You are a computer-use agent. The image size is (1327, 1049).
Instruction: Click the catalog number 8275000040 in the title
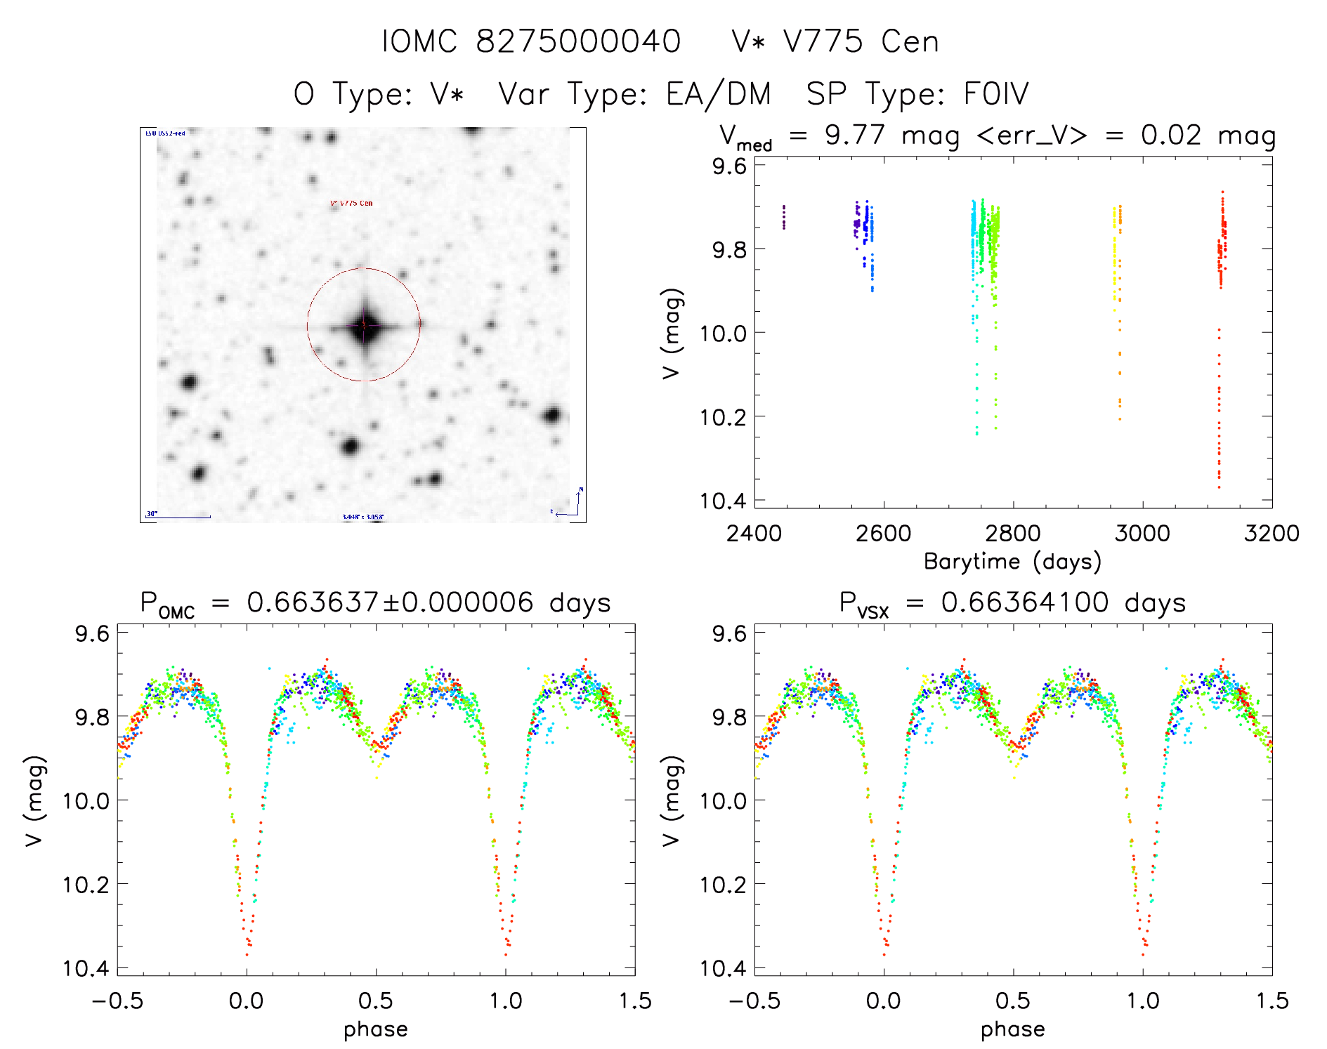point(578,41)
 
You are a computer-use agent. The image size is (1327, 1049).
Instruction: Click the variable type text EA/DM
point(718,94)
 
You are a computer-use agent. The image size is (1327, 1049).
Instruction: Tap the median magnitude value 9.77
point(854,135)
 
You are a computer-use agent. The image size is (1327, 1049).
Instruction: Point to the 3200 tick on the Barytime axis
point(1272,533)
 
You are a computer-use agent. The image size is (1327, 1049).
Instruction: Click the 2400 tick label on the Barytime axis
point(754,533)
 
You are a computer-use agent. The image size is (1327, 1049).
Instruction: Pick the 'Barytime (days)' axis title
point(1012,562)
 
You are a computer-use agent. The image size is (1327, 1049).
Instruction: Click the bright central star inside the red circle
point(364,325)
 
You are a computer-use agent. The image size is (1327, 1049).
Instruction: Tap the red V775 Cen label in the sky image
point(351,204)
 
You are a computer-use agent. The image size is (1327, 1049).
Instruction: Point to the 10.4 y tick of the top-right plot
point(723,501)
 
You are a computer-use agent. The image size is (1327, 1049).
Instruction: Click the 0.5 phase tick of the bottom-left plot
point(376,1001)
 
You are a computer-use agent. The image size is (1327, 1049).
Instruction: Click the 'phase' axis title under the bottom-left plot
point(376,1029)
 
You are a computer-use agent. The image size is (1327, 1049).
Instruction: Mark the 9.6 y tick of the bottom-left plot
point(93,633)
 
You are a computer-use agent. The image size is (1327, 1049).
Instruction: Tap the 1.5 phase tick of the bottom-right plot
point(1272,1001)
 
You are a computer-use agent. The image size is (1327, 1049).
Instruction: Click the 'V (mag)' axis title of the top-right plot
point(672,333)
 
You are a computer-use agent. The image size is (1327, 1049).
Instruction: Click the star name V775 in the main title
point(823,41)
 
